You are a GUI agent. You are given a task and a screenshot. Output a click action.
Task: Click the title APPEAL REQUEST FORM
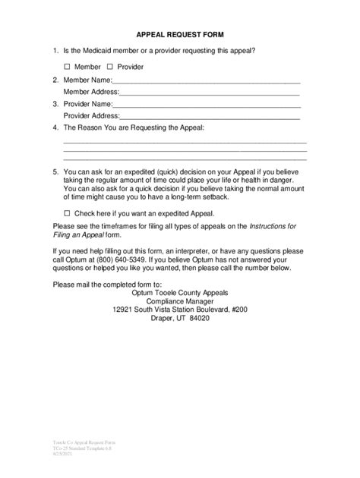[179, 35]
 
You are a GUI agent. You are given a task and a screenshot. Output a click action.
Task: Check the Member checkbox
[67, 67]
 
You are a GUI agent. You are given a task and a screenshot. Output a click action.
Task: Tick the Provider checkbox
[110, 67]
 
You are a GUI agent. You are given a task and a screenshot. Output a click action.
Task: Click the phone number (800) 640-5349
[129, 259]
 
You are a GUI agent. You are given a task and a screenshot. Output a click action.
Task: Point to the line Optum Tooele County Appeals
[179, 292]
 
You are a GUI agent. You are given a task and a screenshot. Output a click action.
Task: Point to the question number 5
[55, 172]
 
